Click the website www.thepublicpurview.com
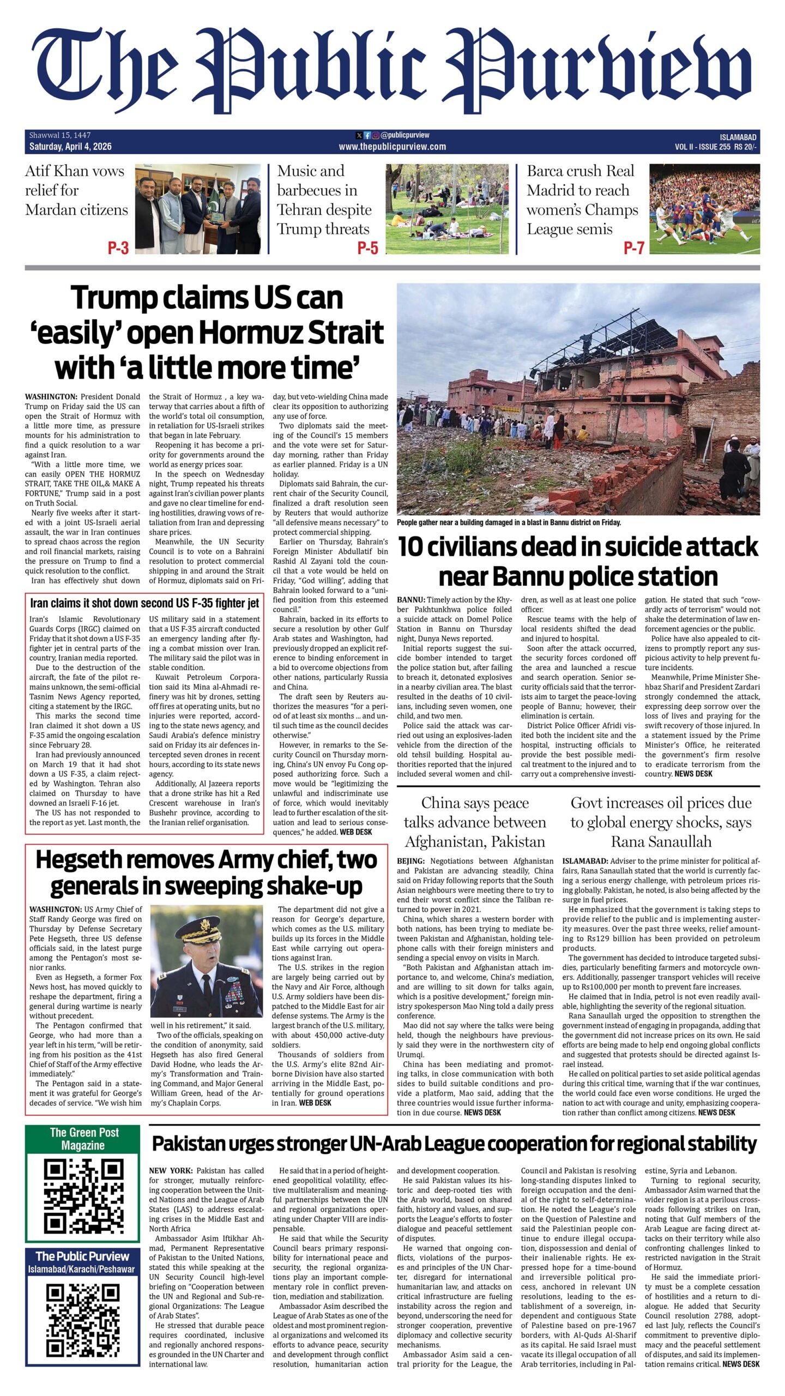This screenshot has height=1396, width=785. (x=392, y=147)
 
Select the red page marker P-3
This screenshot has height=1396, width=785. (x=118, y=249)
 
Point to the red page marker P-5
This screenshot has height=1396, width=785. (x=367, y=249)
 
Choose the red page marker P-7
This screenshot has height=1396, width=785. (x=633, y=249)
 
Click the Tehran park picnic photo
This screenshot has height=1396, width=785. (x=446, y=209)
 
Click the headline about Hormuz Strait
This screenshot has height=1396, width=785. (x=209, y=333)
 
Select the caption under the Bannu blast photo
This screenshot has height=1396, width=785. (x=509, y=522)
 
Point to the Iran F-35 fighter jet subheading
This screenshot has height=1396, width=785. (x=144, y=603)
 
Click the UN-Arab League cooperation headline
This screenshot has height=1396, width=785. (x=454, y=1144)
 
